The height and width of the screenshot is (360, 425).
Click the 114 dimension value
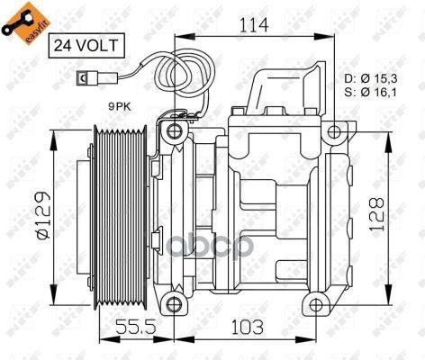pos(254,25)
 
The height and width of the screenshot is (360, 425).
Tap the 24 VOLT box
pos(86,45)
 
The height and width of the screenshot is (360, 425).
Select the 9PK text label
pos(120,106)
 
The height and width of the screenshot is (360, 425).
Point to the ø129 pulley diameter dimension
pos(42,215)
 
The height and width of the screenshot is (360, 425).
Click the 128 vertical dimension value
pos(377,214)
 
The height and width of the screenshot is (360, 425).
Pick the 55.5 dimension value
pos(136,327)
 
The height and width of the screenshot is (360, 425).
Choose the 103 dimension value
pos(248,327)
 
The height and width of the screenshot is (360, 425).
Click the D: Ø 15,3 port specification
pos(371,78)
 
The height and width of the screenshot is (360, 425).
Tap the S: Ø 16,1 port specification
pos(371,92)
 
